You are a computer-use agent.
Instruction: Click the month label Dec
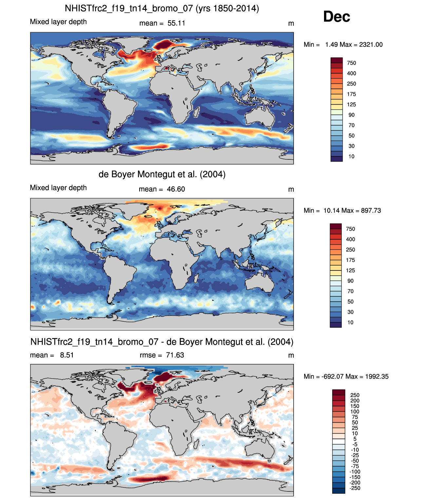336,17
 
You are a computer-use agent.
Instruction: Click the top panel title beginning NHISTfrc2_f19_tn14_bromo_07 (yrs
162,9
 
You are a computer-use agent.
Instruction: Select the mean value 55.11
176,23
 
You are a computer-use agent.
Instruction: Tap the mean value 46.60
176,189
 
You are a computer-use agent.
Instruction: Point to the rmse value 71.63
175,355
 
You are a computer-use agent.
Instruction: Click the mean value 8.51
67,355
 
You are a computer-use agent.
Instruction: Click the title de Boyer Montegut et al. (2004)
162,174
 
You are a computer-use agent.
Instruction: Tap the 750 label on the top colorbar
352,63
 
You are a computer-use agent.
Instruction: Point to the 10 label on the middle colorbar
350,322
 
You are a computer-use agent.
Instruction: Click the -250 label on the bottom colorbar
355,488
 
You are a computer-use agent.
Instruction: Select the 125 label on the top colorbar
352,104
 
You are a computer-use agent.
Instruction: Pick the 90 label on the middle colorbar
351,281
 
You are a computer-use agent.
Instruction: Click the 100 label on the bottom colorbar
355,411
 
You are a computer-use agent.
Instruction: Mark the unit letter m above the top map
291,24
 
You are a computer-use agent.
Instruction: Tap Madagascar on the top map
196,112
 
